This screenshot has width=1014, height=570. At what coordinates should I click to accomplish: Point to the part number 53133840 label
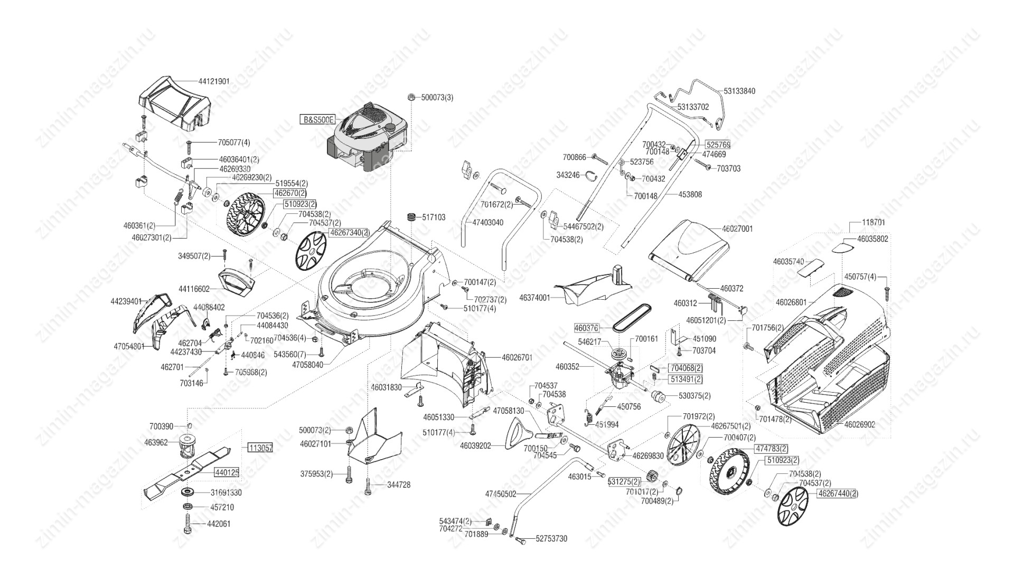[739, 91]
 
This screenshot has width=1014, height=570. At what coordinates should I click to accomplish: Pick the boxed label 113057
[260, 448]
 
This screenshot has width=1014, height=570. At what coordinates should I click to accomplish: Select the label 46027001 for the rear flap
[737, 229]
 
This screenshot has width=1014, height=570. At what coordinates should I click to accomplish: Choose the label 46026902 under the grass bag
[860, 424]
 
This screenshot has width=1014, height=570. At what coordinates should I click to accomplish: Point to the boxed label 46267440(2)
[838, 493]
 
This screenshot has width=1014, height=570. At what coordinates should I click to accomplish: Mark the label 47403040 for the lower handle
[487, 223]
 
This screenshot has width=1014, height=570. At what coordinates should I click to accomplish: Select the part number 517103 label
[433, 217]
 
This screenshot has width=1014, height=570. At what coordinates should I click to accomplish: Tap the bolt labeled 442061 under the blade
[188, 524]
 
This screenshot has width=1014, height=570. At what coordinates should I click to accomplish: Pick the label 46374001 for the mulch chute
[534, 298]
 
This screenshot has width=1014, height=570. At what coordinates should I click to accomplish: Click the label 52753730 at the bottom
[551, 539]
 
